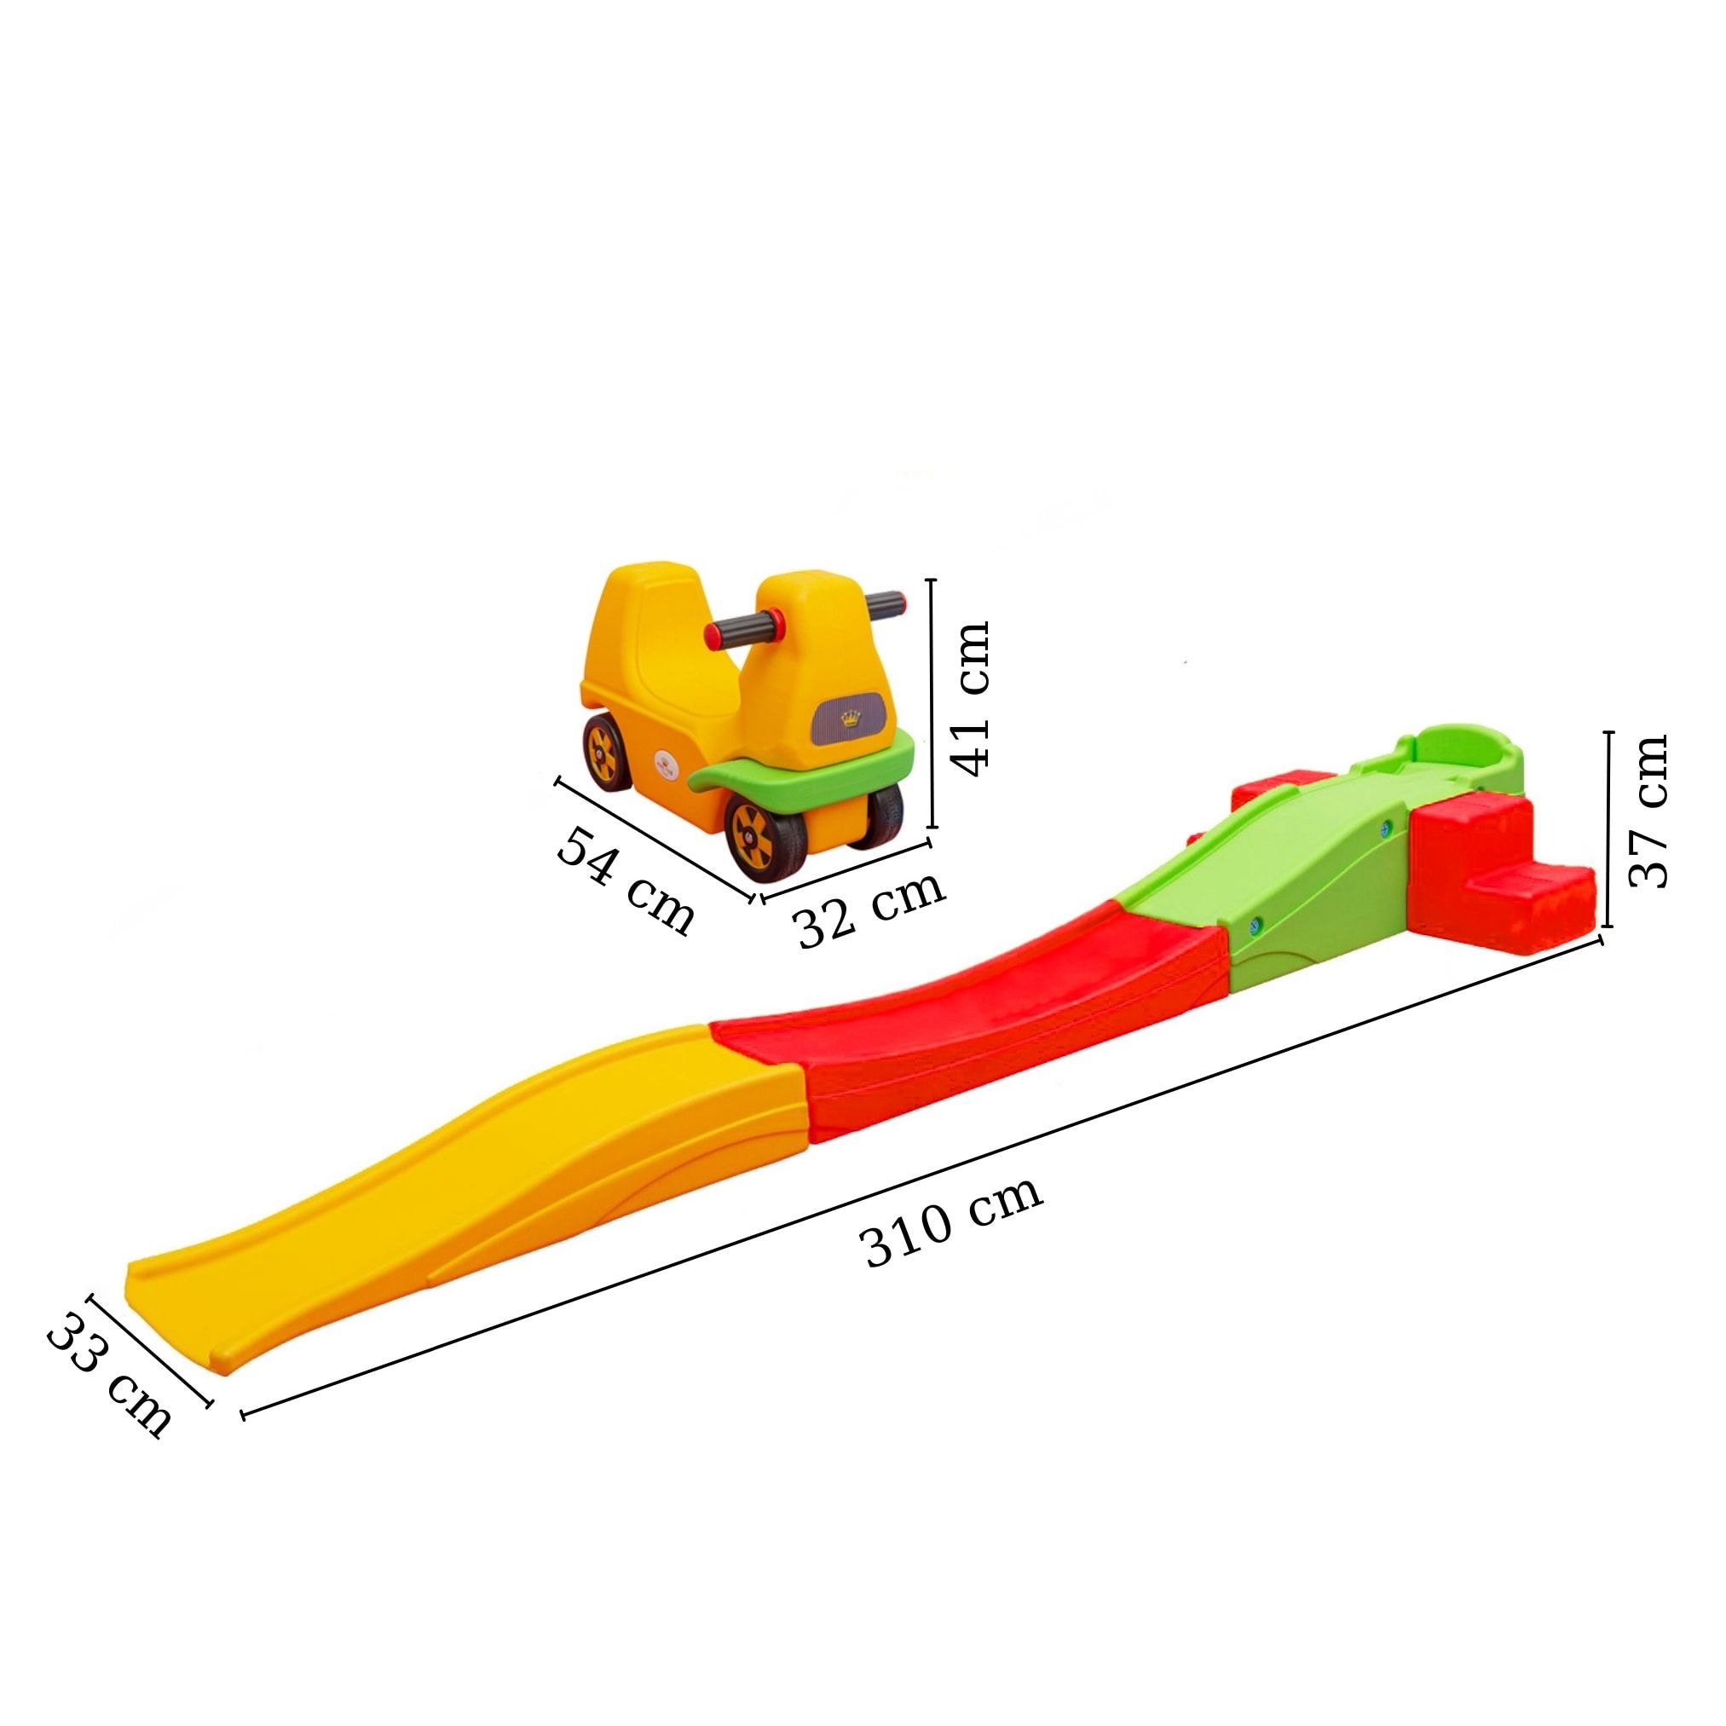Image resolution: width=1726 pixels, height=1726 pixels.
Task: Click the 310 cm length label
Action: coord(952,1223)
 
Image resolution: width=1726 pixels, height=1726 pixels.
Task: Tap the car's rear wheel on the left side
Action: coord(605,753)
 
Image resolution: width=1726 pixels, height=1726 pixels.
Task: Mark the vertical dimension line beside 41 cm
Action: coord(932,706)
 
